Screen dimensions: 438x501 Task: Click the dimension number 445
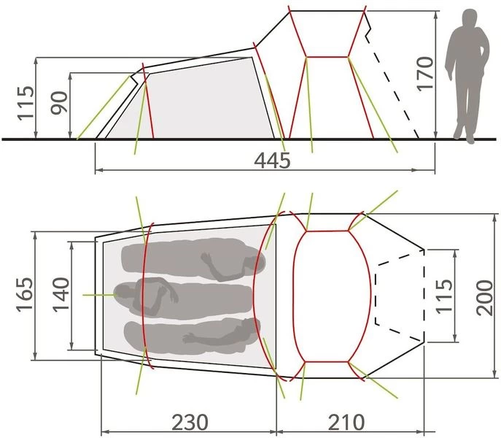click(273, 160)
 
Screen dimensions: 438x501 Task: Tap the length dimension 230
click(190, 421)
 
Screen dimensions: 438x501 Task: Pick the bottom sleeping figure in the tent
click(193, 335)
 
